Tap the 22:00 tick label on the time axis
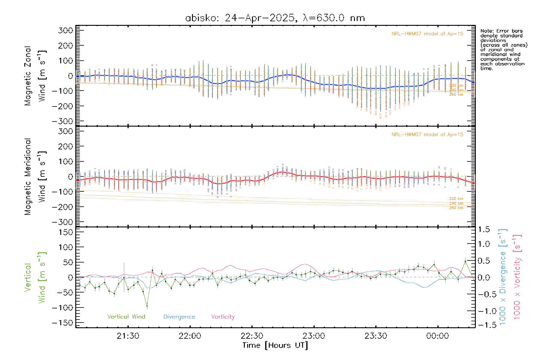(190, 336)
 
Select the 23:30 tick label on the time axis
(376, 336)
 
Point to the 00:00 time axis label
(437, 336)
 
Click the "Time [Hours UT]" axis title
(275, 345)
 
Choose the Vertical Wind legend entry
(126, 317)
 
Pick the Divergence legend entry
(179, 317)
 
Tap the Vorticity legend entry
(223, 317)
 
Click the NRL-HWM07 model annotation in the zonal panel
(427, 34)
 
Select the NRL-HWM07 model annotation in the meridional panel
(427, 135)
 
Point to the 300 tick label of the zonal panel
(66, 30)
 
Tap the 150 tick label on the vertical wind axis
(66, 232)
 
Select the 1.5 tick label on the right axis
(484, 229)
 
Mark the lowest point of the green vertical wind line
(147, 306)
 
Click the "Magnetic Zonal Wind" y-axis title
(35, 76)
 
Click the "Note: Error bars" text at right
(501, 31)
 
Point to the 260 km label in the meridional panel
(456, 208)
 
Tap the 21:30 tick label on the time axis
(128, 336)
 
